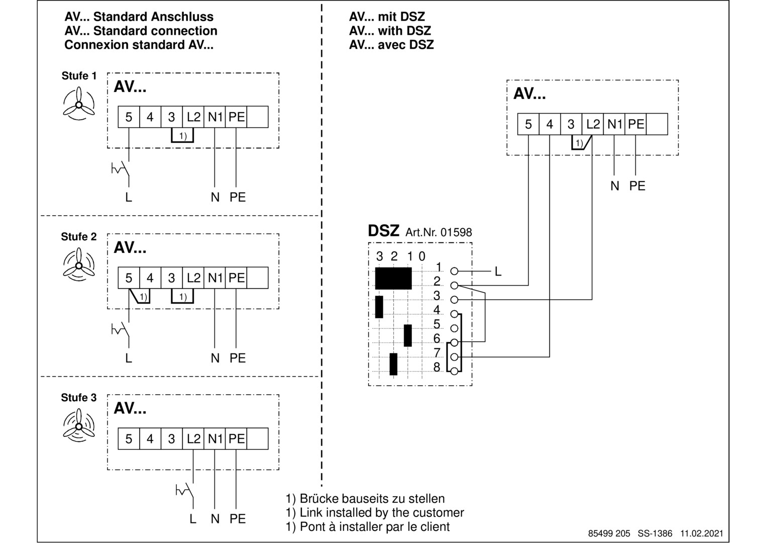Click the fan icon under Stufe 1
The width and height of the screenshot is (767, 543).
pos(79,104)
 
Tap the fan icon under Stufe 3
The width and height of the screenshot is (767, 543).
pos(79,425)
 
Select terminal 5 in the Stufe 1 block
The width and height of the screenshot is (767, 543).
pos(129,117)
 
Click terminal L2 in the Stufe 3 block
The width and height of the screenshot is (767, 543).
pos(193,438)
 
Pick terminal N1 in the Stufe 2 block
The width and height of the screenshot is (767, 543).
pos(214,278)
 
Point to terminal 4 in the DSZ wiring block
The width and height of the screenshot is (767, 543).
pos(550,124)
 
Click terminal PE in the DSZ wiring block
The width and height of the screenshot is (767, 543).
pos(635,124)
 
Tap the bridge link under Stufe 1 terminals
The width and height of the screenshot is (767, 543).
pos(182,135)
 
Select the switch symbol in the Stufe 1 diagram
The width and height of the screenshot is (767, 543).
pos(121,169)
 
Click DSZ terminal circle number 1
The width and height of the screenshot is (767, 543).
pos(454,271)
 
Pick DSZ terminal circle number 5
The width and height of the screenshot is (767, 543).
pos(454,328)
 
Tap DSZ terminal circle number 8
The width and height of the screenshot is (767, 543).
pos(454,371)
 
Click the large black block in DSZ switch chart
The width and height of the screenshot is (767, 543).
pos(393,279)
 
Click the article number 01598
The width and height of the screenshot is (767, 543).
pos(456,232)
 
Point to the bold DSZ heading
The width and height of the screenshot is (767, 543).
pos(384,231)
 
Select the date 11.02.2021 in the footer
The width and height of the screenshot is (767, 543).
pos(702,533)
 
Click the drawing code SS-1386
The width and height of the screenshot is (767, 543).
pos(654,533)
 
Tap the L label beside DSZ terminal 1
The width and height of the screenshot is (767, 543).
pos(498,271)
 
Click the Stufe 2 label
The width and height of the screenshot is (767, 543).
pos(79,236)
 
